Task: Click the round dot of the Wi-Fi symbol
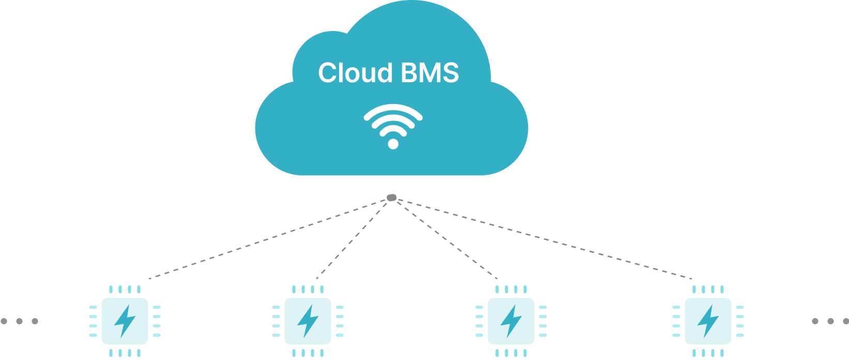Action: (x=393, y=144)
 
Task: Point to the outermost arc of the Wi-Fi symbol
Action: (x=393, y=108)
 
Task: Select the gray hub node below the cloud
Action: (x=391, y=198)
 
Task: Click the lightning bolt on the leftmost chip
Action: (x=125, y=321)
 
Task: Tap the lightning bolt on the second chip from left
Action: (x=308, y=321)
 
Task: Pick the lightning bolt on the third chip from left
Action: (x=511, y=321)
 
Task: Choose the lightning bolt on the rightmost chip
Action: (x=708, y=321)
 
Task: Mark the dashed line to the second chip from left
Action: (x=352, y=239)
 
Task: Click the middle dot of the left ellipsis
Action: (x=19, y=321)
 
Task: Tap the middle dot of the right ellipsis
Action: (x=830, y=321)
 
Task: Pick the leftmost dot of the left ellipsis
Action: (x=4, y=321)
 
